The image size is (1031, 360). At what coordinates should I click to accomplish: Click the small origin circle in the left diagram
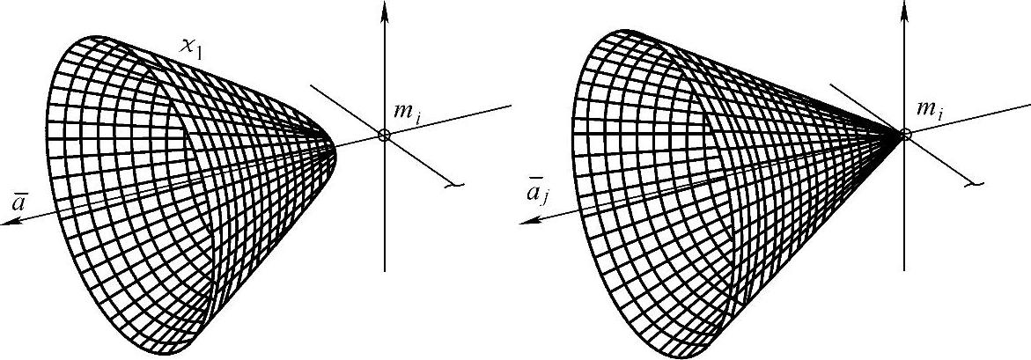point(384,135)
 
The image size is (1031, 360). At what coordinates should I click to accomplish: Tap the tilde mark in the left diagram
point(454,185)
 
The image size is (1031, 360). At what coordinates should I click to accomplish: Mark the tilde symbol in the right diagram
point(974,185)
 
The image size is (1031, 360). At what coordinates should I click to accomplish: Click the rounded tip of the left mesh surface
point(335,150)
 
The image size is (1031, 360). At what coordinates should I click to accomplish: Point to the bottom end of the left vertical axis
point(385,270)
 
